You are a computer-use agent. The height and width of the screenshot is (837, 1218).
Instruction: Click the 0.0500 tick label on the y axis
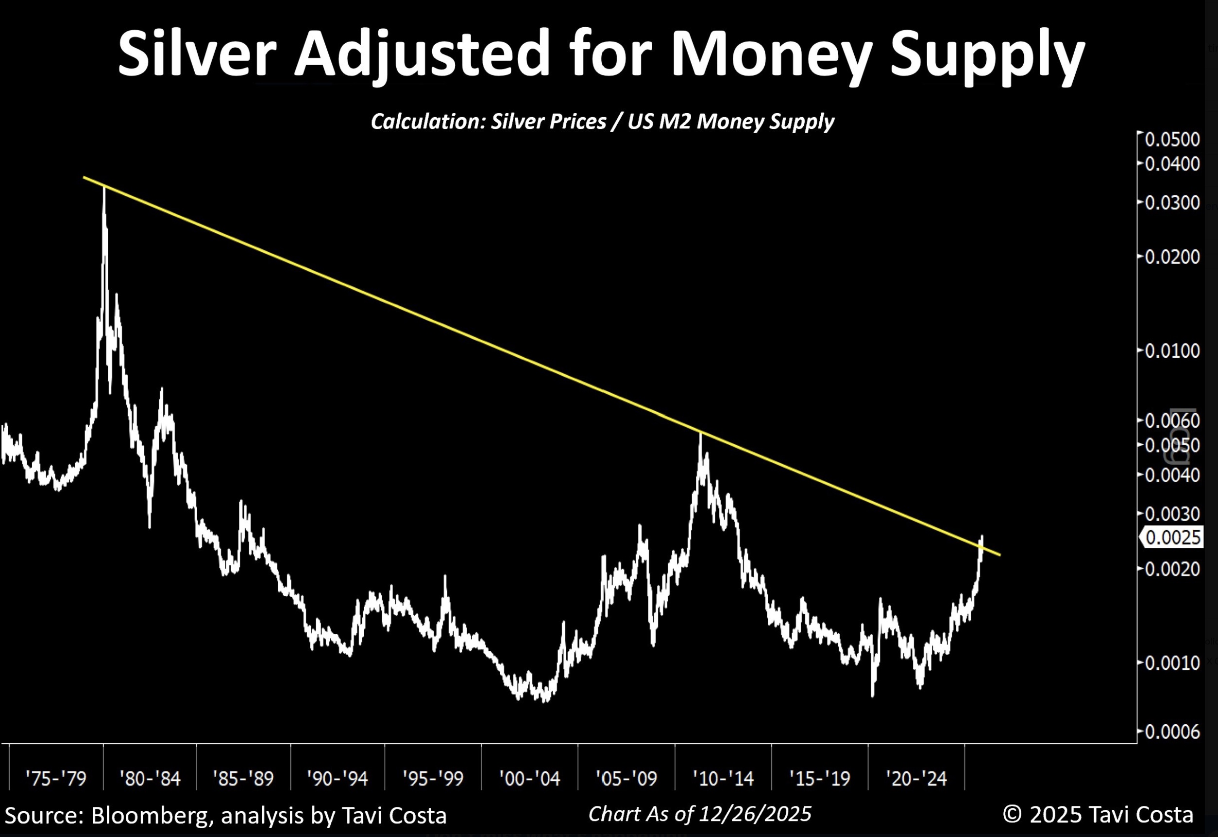tap(1172, 139)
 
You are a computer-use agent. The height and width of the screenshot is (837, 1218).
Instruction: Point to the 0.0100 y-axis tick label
tap(1172, 350)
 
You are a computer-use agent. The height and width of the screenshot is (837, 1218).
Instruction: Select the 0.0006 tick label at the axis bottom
tap(1172, 732)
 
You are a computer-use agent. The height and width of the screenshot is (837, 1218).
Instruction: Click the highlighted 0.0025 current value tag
tap(1173, 538)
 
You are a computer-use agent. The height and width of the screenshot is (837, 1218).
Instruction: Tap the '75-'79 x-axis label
tap(55, 778)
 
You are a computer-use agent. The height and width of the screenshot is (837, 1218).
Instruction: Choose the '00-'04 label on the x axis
tap(529, 778)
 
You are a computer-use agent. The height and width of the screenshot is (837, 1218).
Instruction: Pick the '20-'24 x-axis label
tap(916, 778)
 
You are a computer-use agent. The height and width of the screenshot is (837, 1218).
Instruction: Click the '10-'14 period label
tap(723, 778)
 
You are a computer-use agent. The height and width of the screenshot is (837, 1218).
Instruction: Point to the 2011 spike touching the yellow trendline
tap(701, 435)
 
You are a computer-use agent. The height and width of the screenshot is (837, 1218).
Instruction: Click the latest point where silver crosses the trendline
tap(981, 545)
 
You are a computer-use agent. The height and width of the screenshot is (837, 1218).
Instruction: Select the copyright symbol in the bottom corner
tap(1012, 815)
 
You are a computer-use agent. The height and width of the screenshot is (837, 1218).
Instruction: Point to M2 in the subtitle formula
tap(707, 122)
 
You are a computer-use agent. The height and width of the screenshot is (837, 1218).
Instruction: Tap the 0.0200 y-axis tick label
tap(1172, 257)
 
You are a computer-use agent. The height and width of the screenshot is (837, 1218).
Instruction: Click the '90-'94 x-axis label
tap(337, 778)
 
